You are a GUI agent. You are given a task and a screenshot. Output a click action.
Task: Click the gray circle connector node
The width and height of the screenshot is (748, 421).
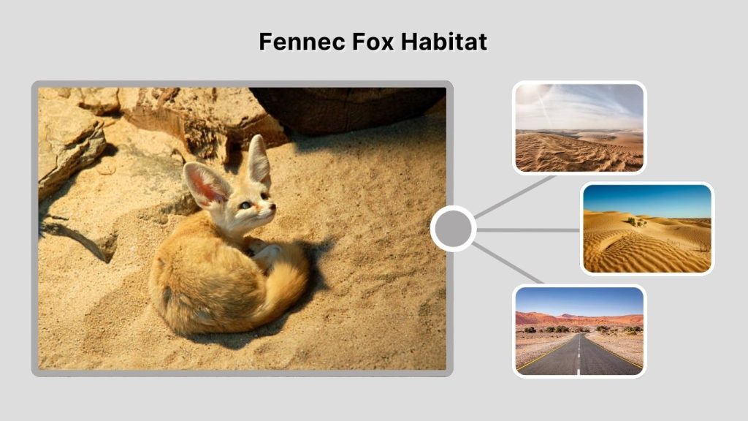pos(453,229)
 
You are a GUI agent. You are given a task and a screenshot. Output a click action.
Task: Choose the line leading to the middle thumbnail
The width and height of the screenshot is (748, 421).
pos(530,230)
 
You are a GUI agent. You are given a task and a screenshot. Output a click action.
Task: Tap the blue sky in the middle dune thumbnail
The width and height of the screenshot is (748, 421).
pos(646,197)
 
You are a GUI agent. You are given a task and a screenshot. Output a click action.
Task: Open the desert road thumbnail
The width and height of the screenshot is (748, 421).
pos(579,331)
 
